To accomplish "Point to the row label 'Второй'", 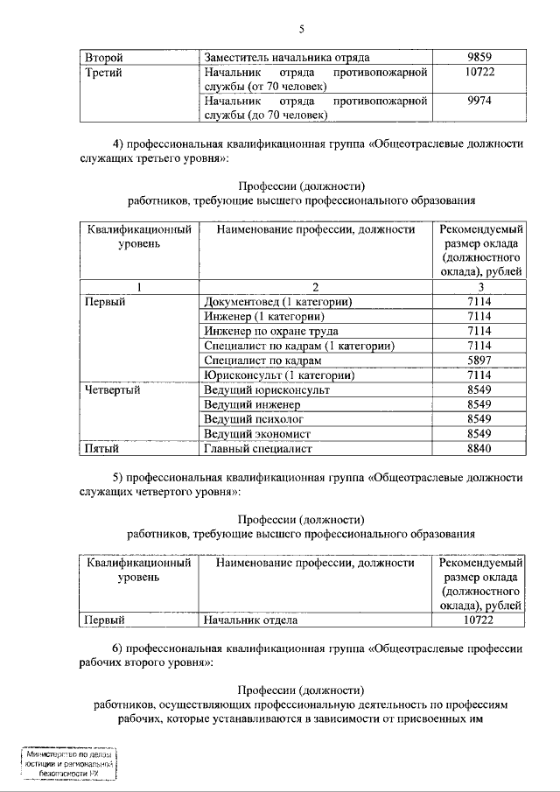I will click(103, 58).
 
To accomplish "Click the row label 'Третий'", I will click(104, 73).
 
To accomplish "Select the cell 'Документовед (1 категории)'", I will click(277, 302).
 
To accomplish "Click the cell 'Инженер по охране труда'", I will click(270, 332).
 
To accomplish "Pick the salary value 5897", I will click(477, 361).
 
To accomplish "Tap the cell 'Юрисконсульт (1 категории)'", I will click(278, 375).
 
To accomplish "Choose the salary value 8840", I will click(477, 449).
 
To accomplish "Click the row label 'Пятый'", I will click(101, 449).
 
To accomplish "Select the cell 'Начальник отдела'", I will click(250, 620).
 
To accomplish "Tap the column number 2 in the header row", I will click(316, 287).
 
